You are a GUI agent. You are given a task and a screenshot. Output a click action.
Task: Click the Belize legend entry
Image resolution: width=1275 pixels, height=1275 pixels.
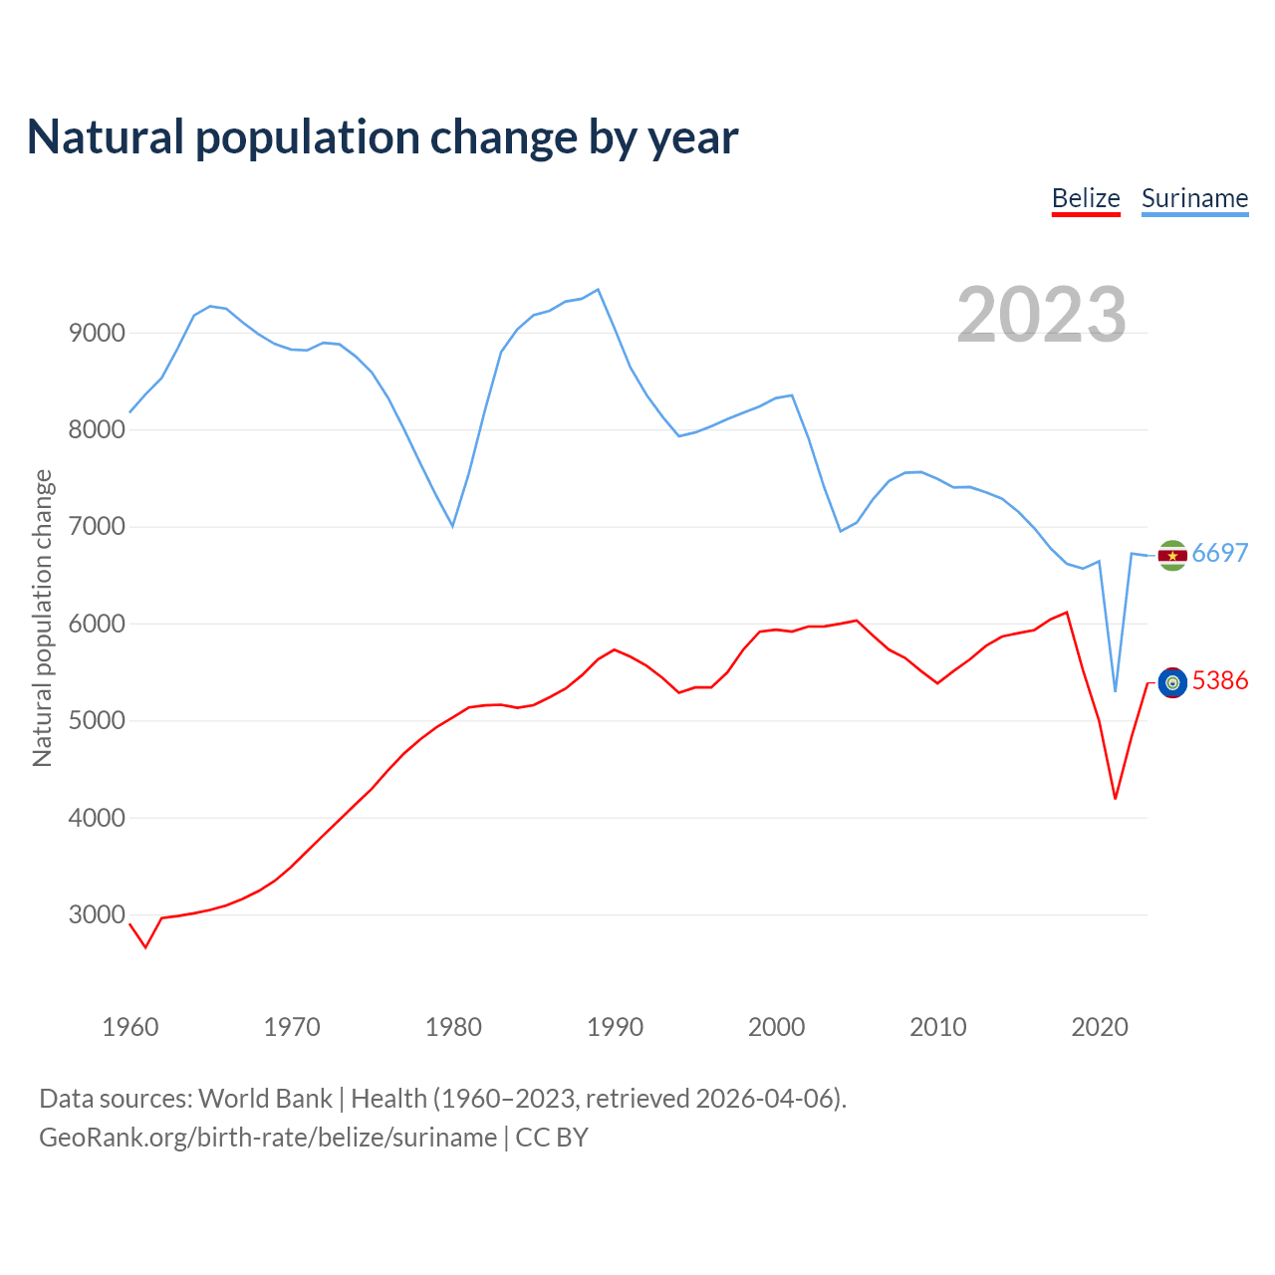click(1086, 198)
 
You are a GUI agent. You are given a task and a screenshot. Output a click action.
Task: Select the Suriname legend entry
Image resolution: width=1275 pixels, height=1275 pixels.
click(1194, 198)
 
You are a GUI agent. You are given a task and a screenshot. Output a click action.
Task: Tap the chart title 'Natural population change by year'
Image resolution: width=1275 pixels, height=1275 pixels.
click(382, 136)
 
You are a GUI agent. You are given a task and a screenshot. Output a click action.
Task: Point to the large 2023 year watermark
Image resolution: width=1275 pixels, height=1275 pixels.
click(1041, 315)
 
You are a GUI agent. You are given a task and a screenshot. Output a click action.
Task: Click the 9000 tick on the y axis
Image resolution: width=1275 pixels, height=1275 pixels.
click(97, 333)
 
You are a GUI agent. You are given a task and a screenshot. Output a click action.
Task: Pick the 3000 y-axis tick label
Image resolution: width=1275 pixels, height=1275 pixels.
click(97, 914)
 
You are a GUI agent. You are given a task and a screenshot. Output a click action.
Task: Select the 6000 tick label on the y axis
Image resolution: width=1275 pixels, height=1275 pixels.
click(97, 624)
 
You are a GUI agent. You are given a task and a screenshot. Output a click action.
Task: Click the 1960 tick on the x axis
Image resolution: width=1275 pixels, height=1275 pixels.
click(130, 1027)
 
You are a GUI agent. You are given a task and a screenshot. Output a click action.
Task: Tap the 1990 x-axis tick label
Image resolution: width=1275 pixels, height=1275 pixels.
click(615, 1027)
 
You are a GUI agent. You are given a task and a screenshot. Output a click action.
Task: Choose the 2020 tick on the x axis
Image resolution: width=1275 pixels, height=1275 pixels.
click(1099, 1027)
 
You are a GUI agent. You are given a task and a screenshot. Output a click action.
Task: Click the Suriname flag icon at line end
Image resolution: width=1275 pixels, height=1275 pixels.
click(1172, 556)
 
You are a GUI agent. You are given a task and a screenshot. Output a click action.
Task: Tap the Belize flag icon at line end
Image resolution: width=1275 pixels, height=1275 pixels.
click(1172, 682)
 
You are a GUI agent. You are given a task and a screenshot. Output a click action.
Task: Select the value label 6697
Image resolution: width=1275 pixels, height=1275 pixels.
click(1220, 554)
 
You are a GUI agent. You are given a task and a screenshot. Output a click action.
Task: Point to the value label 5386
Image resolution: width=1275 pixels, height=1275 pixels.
click(1220, 681)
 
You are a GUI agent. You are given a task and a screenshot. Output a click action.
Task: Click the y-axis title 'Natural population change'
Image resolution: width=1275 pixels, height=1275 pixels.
click(42, 619)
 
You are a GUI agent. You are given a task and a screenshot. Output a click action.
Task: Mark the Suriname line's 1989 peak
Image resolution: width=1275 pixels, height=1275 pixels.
click(598, 290)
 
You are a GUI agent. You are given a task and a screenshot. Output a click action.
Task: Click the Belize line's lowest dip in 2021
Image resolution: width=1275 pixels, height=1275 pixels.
click(1116, 799)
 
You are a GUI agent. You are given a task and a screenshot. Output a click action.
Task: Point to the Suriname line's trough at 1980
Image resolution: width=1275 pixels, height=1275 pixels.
click(453, 526)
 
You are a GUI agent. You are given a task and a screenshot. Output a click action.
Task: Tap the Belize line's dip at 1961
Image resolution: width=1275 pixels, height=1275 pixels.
click(145, 947)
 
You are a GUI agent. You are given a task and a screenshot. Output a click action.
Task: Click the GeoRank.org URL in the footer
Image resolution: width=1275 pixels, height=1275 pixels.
click(268, 1138)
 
